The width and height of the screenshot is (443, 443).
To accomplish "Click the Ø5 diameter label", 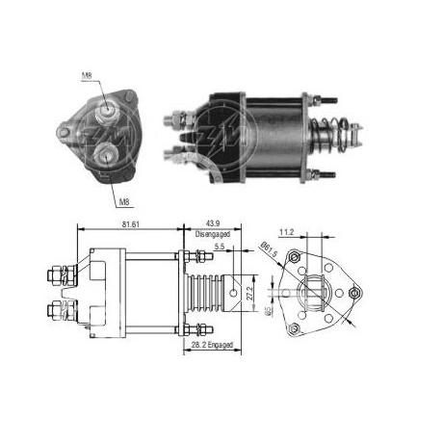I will click(271, 310).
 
